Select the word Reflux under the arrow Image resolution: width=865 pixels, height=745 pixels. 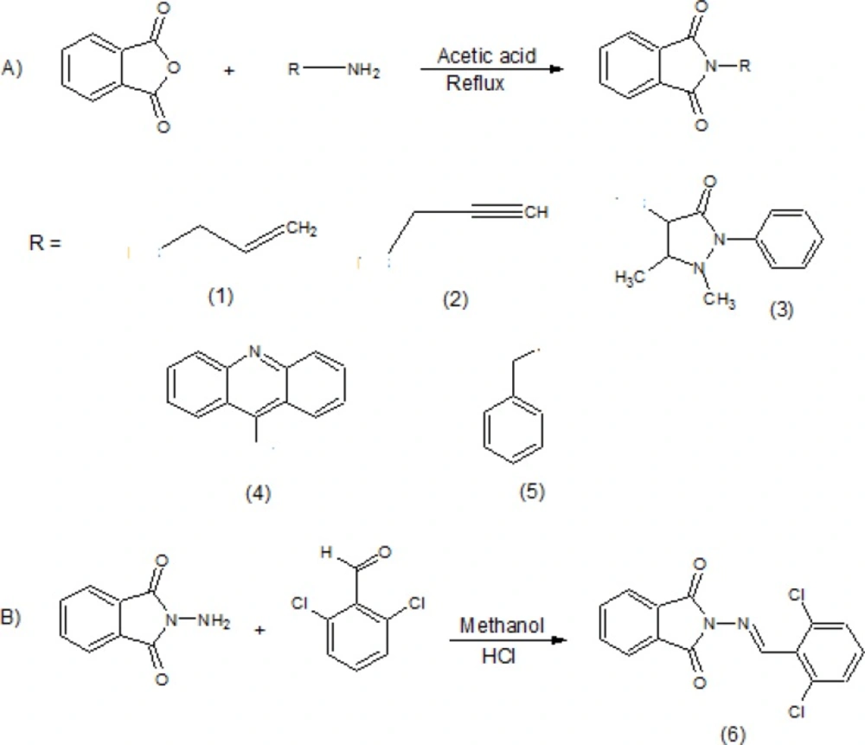tap(475, 84)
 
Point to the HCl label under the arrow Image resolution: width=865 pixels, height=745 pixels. tap(496, 657)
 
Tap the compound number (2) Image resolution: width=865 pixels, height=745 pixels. tap(455, 300)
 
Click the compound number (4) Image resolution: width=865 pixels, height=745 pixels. tap(257, 493)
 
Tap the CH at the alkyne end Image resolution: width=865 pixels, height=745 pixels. tap(536, 212)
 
